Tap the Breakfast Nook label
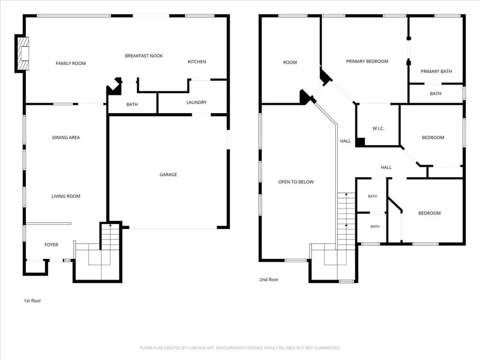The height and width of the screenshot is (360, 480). click(144, 56)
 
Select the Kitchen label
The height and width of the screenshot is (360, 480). click(197, 61)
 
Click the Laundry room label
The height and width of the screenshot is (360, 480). click(196, 102)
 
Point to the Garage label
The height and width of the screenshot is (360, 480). click(168, 174)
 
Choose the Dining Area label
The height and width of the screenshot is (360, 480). click(66, 137)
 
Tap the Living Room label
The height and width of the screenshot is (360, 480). click(66, 196)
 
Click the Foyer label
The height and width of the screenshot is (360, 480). click(51, 245)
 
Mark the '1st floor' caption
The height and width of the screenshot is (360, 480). click(32, 300)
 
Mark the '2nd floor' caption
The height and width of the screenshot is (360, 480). click(269, 279)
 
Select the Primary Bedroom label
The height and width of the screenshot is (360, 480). click(367, 61)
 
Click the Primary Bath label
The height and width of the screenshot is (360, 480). click(436, 71)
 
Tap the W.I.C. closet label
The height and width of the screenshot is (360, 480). click(378, 128)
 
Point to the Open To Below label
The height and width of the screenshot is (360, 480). click(296, 182)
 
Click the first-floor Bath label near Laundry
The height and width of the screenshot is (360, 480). click(132, 105)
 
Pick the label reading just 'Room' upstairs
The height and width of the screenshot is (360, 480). click(290, 62)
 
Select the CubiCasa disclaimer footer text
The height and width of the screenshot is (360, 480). click(240, 348)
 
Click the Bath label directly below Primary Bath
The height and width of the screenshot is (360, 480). click(435, 94)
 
